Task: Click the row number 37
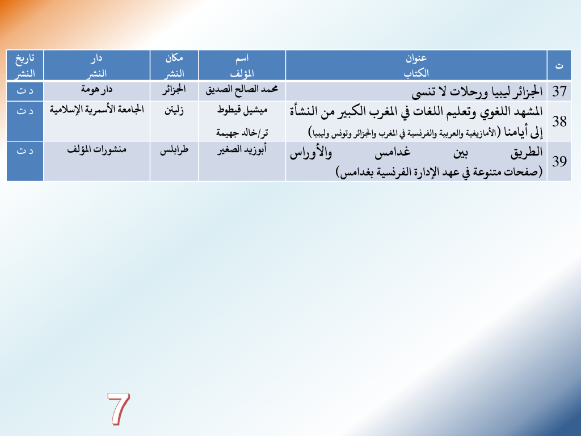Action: [559, 91]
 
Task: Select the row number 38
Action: [559, 121]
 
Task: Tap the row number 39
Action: [559, 161]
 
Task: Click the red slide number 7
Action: [119, 409]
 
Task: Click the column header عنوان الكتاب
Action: [416, 65]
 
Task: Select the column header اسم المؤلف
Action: [242, 65]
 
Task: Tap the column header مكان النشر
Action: [174, 65]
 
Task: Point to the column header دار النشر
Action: [96, 65]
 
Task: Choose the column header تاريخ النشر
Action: [25, 65]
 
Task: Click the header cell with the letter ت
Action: [559, 66]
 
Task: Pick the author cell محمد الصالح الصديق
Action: [242, 90]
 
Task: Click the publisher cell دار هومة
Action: [96, 90]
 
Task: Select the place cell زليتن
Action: [174, 110]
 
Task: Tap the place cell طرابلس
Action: [174, 150]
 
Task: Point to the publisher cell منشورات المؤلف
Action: [96, 150]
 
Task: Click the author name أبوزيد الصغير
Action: [242, 150]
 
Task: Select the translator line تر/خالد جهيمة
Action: [242, 132]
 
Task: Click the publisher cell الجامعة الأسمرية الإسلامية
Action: [96, 110]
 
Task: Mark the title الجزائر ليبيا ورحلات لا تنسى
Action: [477, 91]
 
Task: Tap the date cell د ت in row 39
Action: [25, 150]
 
